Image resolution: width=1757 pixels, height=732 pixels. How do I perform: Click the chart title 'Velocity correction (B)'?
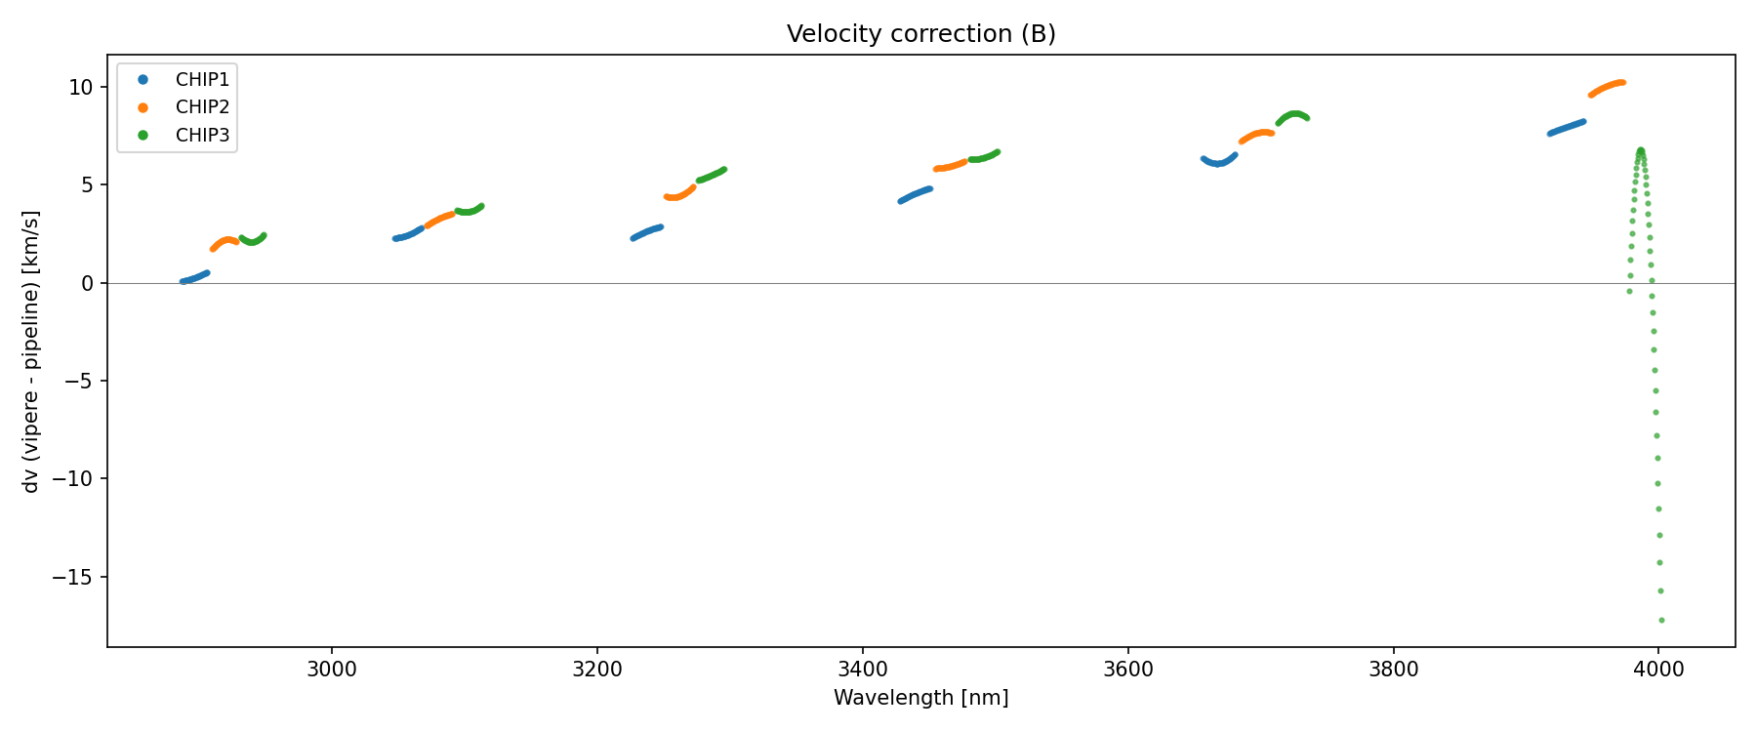[x=920, y=34]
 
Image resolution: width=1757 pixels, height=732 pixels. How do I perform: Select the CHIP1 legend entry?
[x=202, y=80]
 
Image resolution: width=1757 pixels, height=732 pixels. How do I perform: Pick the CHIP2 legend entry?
[x=202, y=107]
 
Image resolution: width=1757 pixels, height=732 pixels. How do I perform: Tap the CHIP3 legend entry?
[x=202, y=136]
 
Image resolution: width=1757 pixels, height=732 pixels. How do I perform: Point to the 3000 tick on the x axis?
[x=332, y=670]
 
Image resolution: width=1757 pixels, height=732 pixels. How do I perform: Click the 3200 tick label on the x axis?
[x=597, y=670]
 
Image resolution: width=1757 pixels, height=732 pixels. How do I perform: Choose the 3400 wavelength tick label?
[x=863, y=670]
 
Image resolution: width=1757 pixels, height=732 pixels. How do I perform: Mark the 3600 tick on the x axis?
[x=1127, y=670]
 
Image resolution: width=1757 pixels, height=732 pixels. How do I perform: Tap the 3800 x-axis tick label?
[x=1393, y=670]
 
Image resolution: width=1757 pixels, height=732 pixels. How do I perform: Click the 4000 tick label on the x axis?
[x=1658, y=670]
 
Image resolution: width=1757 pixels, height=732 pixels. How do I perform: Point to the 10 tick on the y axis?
[x=80, y=88]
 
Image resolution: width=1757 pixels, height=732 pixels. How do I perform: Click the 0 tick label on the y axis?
[x=87, y=284]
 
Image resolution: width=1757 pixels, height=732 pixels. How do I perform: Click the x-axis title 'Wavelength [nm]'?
[x=920, y=698]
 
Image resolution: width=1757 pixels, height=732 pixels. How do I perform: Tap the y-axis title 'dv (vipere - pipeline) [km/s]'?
[x=31, y=351]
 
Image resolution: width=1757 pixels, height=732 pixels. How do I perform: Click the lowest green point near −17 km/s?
[x=1661, y=620]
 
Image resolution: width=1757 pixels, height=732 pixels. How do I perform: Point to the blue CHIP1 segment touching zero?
[x=194, y=278]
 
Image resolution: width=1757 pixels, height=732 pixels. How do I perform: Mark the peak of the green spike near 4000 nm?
[x=1641, y=150]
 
